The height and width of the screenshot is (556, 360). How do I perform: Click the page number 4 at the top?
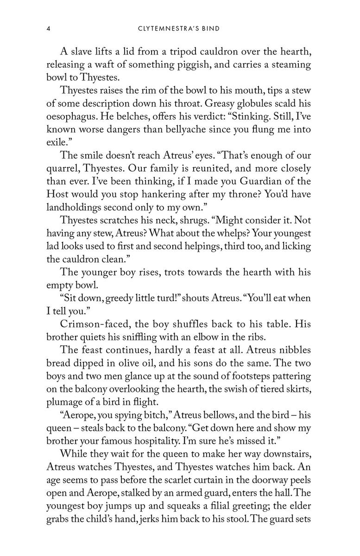pos(48,29)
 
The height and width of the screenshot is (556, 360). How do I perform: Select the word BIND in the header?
pos(210,29)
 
